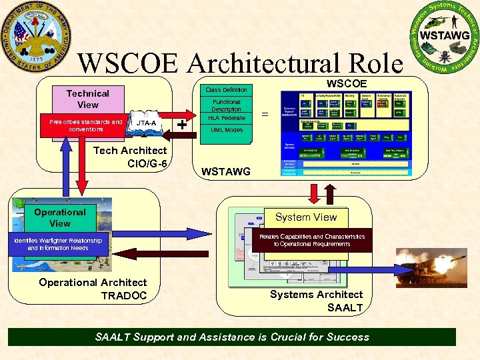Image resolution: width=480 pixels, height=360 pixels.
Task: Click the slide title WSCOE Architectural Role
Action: (x=240, y=64)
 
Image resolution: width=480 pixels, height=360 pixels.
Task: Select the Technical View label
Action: (x=87, y=99)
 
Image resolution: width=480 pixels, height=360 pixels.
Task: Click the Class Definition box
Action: (x=226, y=90)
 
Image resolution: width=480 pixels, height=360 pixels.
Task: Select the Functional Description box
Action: (x=226, y=105)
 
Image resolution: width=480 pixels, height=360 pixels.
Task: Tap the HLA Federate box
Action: (x=226, y=118)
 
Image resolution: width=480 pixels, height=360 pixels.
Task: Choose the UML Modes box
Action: (x=226, y=130)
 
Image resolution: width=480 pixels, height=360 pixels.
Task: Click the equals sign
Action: (x=265, y=115)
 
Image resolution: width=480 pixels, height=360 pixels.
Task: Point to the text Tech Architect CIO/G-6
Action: (x=131, y=157)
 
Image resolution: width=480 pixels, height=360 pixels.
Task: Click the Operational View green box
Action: (x=60, y=218)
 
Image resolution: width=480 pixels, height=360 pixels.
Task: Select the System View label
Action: (x=306, y=217)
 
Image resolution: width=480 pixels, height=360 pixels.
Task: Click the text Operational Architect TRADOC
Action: (x=93, y=289)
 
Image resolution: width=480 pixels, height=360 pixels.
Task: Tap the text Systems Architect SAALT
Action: (x=317, y=301)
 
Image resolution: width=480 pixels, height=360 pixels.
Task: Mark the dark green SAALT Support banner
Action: (x=232, y=337)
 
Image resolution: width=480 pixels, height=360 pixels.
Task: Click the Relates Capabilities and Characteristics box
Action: (x=312, y=240)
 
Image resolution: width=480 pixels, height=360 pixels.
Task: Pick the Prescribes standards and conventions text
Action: (x=85, y=125)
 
